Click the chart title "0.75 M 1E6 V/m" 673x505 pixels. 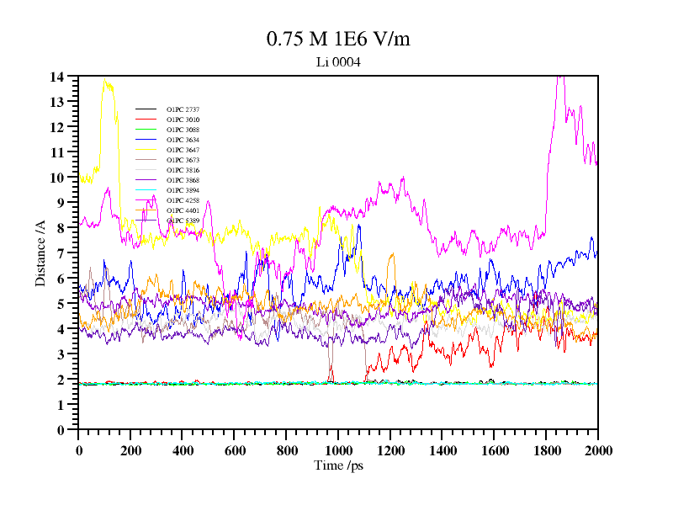(338, 40)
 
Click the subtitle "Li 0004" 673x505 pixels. (338, 61)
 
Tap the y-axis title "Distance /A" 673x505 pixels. (40, 252)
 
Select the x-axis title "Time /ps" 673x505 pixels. (338, 465)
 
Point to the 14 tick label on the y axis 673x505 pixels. (57, 77)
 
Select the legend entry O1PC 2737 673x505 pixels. (183, 109)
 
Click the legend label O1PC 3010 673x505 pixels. (183, 120)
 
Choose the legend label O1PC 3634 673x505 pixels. (183, 140)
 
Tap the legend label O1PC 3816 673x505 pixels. (183, 170)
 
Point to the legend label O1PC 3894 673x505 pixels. (183, 190)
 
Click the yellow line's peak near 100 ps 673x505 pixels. (105, 80)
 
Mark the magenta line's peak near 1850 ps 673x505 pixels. (559, 77)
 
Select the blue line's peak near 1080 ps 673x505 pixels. (358, 226)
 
